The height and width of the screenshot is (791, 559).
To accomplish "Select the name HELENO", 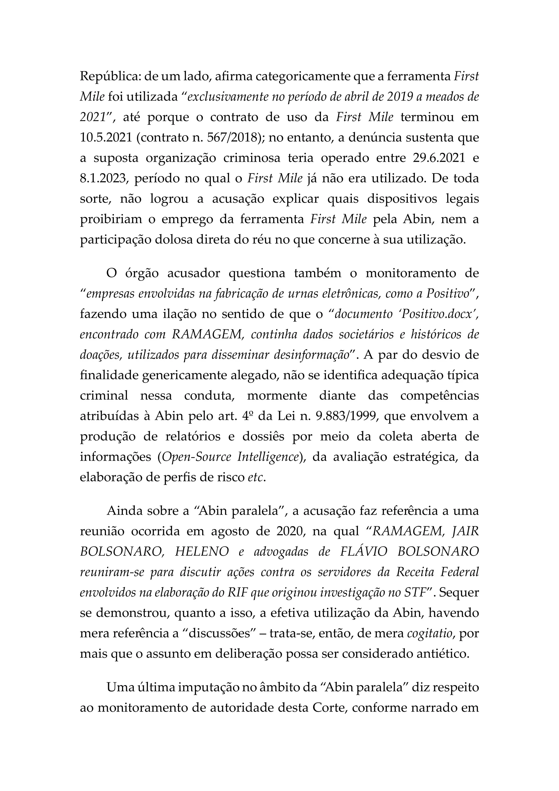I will [x=202, y=552].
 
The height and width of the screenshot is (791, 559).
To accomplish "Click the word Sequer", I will [x=459, y=593].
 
